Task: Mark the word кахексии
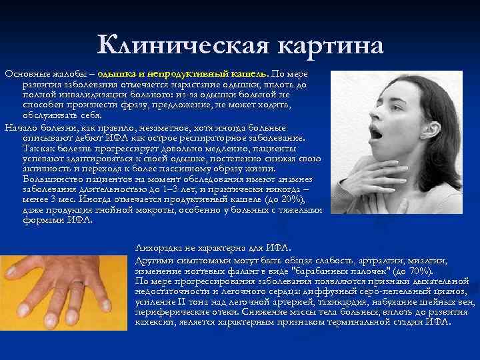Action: (x=153, y=321)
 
